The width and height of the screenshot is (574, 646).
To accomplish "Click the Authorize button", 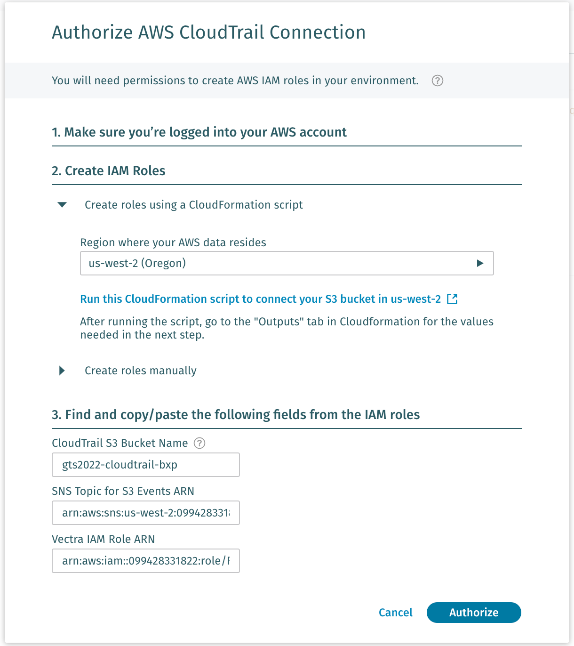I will (474, 613).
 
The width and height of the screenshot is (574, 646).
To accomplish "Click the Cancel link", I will (396, 613).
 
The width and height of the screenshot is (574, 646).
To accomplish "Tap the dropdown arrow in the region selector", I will (480, 263).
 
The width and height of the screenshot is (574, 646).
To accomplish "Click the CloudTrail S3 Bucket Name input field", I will (146, 465).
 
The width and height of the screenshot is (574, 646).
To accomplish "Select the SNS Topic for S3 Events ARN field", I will (146, 513).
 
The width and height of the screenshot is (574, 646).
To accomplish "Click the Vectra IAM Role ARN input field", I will (146, 561).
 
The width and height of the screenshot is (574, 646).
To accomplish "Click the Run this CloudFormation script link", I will (261, 299).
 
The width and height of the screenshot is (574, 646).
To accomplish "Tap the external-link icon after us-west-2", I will (452, 299).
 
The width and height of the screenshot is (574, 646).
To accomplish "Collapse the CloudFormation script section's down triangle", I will (62, 205).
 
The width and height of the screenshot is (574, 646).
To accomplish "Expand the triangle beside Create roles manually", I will (62, 371).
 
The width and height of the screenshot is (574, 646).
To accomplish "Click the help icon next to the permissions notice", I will (438, 81).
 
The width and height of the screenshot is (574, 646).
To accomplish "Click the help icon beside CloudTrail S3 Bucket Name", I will (199, 443).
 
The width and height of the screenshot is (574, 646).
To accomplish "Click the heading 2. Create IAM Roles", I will (109, 171).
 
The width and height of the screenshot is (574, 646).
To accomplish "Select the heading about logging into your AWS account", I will (199, 132).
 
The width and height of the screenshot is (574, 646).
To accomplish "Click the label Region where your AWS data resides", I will (173, 242).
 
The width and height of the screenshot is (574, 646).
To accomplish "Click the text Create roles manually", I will (141, 371).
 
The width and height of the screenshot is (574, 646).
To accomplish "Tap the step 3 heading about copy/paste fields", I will (236, 415).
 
